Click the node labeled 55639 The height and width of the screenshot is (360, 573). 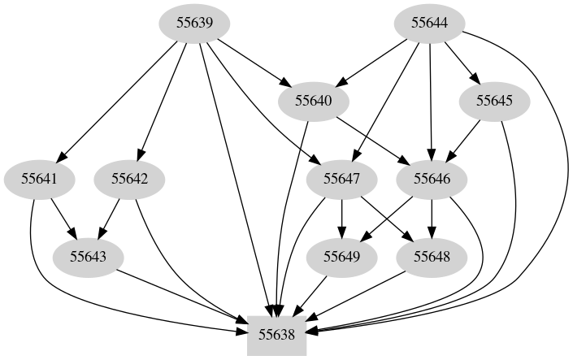pyautogui.click(x=194, y=23)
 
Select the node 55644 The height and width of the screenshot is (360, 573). pyautogui.click(x=430, y=23)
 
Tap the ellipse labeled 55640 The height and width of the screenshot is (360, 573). pyautogui.click(x=315, y=101)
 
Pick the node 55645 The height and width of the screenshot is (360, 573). pyautogui.click(x=495, y=101)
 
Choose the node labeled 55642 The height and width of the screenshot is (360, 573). pyautogui.click(x=130, y=178)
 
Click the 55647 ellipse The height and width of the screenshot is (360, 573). pyautogui.click(x=342, y=178)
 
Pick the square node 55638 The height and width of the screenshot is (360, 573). pyautogui.click(x=276, y=334)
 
